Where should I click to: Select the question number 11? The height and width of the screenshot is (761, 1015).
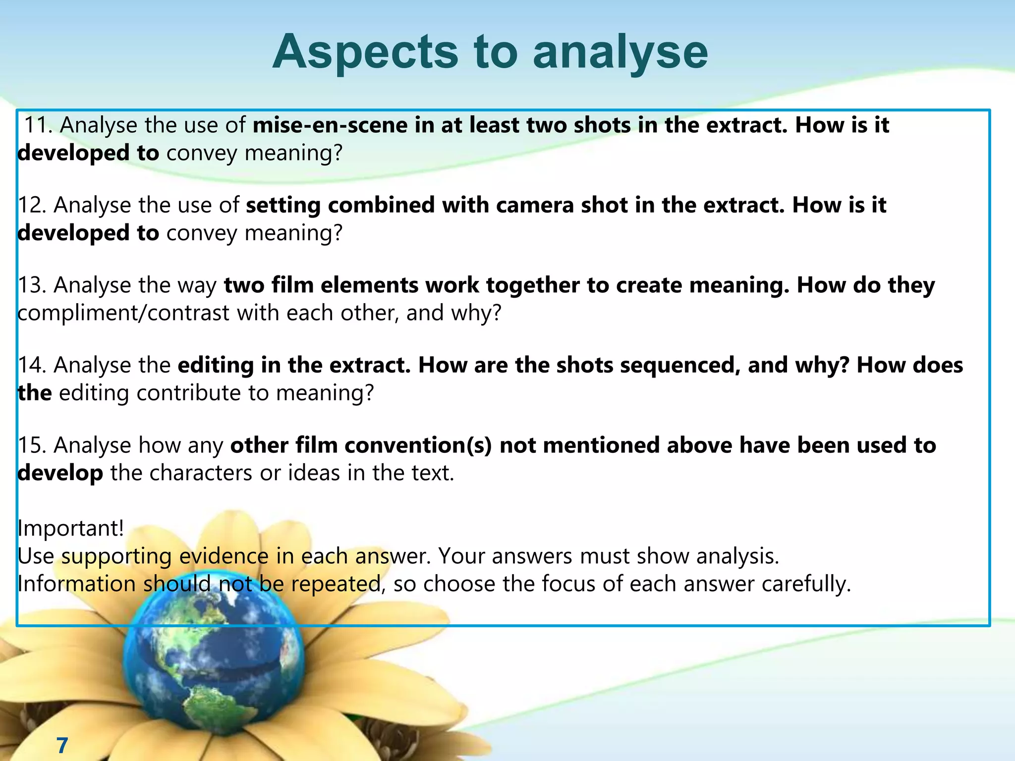38,125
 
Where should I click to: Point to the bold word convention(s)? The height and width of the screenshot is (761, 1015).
418,445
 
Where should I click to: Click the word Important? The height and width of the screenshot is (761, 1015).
70,528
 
